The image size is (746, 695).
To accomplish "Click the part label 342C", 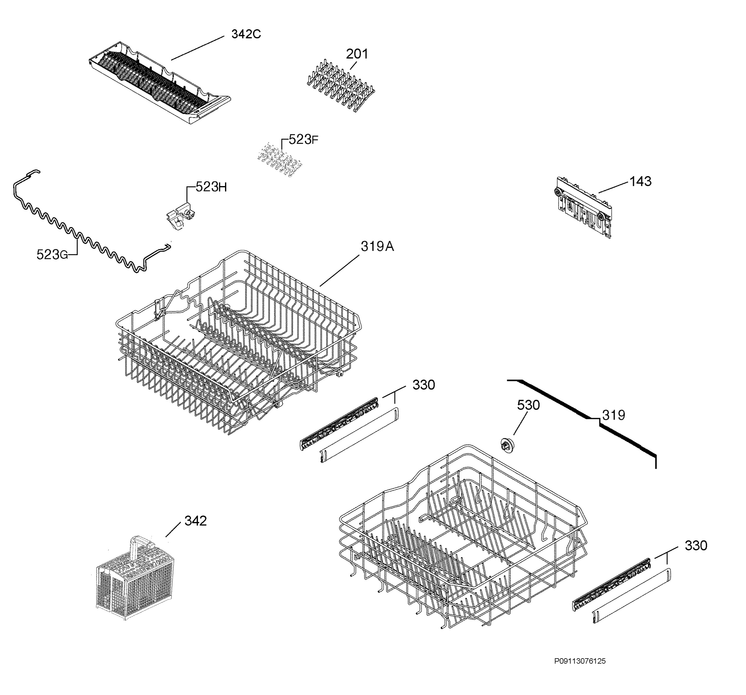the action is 246,34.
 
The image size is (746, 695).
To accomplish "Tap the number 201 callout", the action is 357,54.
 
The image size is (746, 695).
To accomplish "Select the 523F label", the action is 304,140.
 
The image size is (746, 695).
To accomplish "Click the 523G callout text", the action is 52,255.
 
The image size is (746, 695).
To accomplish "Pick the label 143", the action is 641,181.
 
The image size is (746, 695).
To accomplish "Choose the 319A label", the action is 377,246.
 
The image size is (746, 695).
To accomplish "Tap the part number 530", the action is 528,405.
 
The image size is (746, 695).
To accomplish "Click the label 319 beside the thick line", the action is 614,415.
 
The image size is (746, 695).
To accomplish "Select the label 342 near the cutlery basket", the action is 196,521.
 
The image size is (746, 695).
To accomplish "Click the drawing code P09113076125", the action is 580,661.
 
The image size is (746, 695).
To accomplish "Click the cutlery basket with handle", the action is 135,579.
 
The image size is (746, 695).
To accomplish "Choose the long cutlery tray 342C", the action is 159,83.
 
